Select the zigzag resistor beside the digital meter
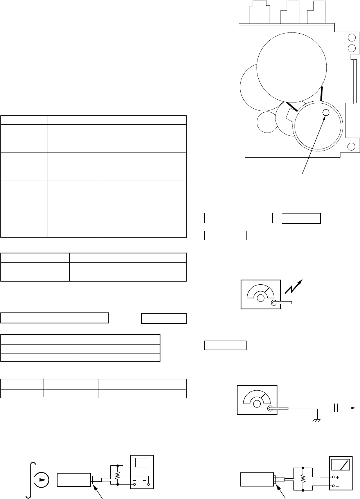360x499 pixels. pos(117,475)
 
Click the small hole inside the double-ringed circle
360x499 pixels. pos(326,113)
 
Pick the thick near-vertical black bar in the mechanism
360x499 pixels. pos(322,93)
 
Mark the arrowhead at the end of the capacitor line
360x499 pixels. pos(353,408)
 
